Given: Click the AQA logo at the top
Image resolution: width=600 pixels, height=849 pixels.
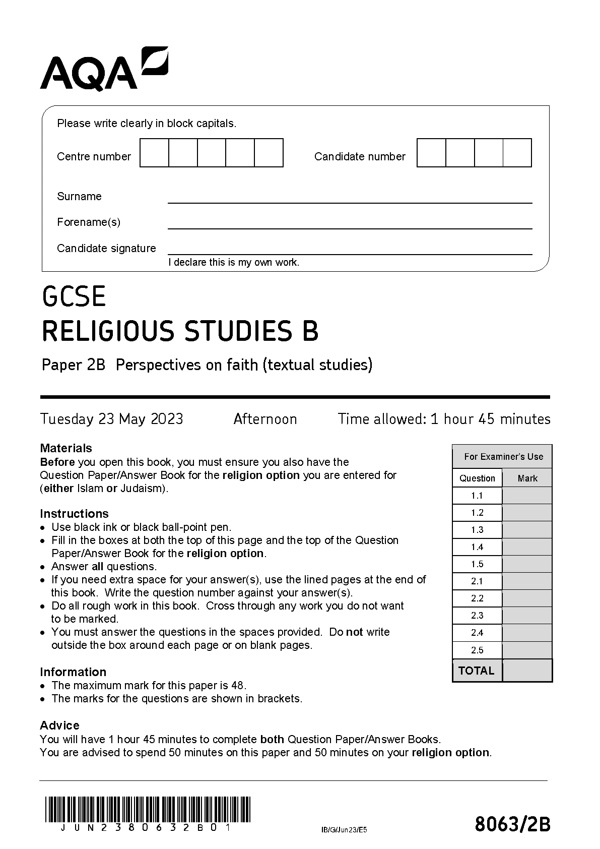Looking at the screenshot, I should tap(104, 70).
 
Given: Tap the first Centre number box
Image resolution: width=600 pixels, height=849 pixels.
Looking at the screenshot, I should tap(154, 153).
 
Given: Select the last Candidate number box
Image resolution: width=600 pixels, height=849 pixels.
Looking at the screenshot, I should tap(517, 153).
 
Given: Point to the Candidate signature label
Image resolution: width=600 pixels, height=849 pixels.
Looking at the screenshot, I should tap(106, 248).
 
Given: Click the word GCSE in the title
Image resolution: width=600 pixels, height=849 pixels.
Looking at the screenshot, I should tap(74, 296).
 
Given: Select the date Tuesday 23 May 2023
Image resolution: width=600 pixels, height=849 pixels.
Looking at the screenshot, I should tap(112, 419).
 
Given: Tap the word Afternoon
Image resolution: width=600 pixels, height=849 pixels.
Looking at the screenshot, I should tap(265, 419).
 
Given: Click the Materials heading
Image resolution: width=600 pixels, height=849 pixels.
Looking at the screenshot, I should tap(66, 448).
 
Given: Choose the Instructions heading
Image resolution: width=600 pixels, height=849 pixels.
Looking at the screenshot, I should tap(74, 514).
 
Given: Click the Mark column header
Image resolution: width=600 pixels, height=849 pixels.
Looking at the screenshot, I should tap(527, 478).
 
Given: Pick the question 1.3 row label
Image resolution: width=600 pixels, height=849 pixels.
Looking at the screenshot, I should tap(477, 530).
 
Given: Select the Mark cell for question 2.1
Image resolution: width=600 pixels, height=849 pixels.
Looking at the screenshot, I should tap(527, 581).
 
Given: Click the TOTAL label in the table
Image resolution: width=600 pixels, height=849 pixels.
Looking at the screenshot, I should tap(477, 671).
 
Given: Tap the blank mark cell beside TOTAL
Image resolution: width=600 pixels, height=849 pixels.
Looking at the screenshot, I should tap(527, 671).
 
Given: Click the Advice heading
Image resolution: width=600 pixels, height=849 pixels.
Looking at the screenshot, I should tap(59, 725).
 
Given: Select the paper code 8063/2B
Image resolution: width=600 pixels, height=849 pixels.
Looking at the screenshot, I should tap(512, 825).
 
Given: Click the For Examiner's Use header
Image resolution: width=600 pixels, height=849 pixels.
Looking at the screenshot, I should tap(503, 457).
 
